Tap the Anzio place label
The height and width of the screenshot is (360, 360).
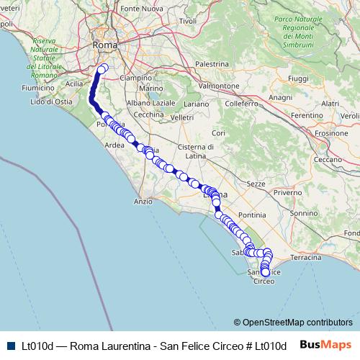pyautogui.click(x=143, y=202)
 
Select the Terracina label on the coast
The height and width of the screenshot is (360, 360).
pyautogui.click(x=306, y=257)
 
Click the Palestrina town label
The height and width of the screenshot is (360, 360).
pyautogui.click(x=211, y=63)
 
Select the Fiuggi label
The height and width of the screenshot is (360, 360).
pyautogui.click(x=297, y=77)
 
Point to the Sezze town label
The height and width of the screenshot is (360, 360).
pyautogui.click(x=256, y=184)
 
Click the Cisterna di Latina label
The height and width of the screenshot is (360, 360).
pyautogui.click(x=208, y=151)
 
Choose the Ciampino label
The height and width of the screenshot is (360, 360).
pyautogui.click(x=135, y=77)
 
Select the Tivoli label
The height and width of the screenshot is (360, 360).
pyautogui.click(x=188, y=22)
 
